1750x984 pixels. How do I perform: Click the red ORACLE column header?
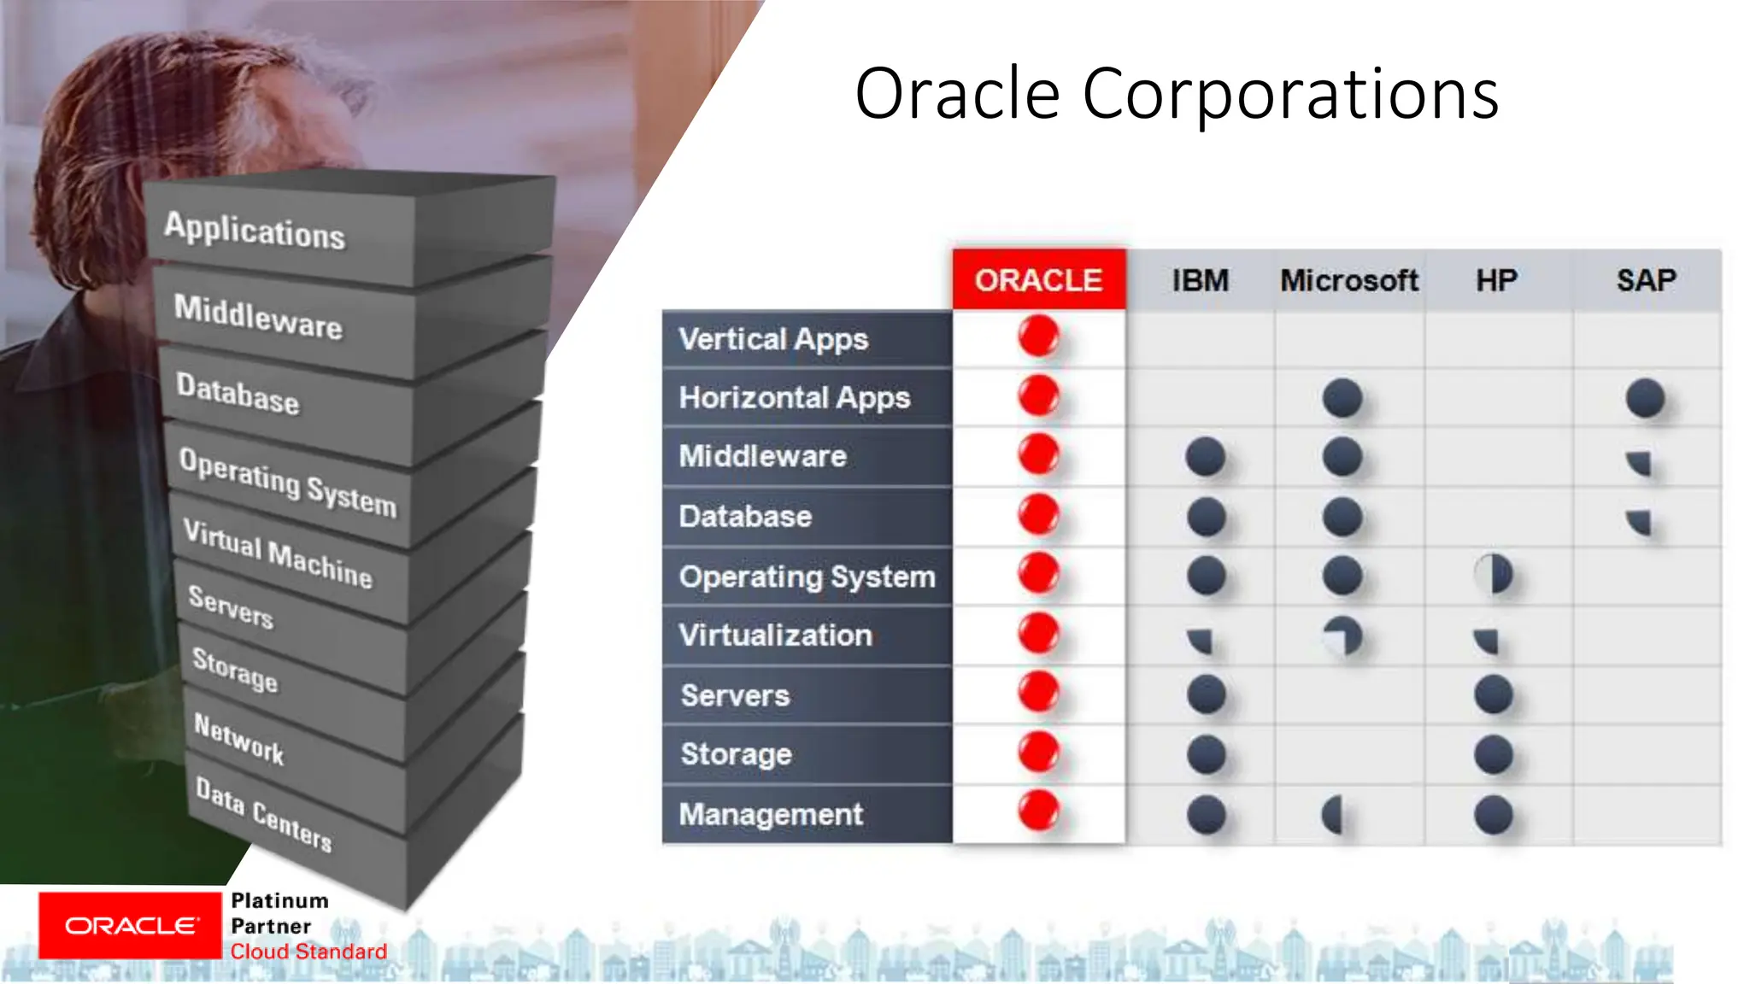tap(1038, 280)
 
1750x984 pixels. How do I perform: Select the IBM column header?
tap(1200, 280)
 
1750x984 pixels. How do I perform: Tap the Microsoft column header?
tap(1348, 280)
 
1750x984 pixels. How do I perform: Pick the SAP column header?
tap(1646, 280)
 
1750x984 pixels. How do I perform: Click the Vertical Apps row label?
tap(773, 339)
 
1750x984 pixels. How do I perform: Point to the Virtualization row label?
tap(775, 635)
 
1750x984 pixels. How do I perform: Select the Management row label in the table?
tap(771, 814)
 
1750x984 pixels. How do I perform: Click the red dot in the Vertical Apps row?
tap(1038, 336)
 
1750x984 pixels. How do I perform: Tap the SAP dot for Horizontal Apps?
tap(1645, 398)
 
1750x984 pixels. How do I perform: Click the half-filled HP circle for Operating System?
tap(1494, 574)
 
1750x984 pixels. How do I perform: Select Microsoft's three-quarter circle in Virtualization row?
tap(1342, 636)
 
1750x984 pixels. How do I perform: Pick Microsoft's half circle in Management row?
tap(1333, 815)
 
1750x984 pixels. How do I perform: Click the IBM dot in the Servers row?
tap(1206, 694)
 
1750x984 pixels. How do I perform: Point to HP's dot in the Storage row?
tap(1494, 755)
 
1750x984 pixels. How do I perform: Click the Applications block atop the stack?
tap(255, 230)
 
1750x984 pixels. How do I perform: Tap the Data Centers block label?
tap(263, 814)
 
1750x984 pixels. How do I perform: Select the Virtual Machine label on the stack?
tap(278, 553)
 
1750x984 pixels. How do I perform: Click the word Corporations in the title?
tap(1290, 94)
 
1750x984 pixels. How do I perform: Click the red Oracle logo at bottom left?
tap(130, 926)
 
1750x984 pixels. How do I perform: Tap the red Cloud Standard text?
tap(308, 952)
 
